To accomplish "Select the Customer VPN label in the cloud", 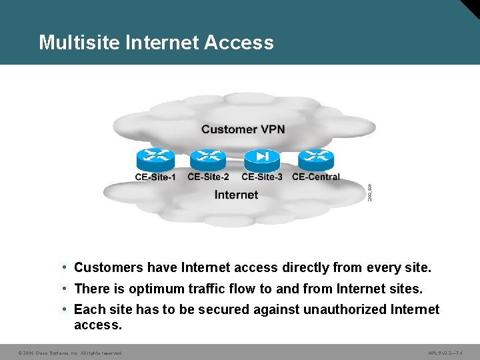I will click(243, 129).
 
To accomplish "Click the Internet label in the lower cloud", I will click(236, 195).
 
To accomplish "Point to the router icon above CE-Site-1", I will click(155, 159).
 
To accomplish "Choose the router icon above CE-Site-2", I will click(208, 159).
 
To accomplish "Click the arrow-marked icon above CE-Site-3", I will click(262, 159).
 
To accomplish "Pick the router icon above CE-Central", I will click(315, 159).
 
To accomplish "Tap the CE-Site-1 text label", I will click(155, 177).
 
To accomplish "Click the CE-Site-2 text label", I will click(208, 177).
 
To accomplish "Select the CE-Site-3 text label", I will click(262, 177).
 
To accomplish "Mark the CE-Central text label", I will click(316, 177).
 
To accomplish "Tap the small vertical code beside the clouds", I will click(370, 193).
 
